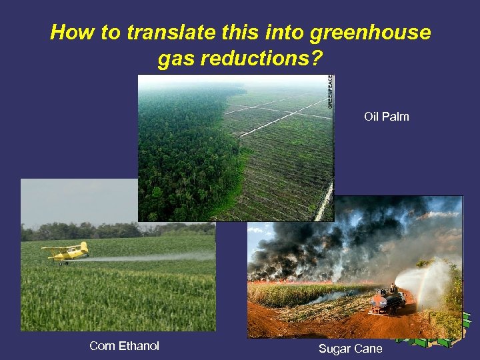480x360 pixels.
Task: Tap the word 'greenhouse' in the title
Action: tap(375, 32)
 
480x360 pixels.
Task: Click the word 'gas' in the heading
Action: tap(175, 60)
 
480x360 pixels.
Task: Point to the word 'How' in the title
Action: tap(70, 32)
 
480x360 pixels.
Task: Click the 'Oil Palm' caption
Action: tap(386, 117)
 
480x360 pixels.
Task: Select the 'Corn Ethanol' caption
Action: tap(124, 345)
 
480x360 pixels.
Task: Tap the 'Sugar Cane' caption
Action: tap(350, 349)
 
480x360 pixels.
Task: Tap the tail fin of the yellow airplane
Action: tap(84, 247)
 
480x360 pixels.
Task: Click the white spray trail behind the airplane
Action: tap(153, 257)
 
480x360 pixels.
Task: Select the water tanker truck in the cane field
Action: tap(389, 302)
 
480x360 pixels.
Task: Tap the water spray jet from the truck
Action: tap(427, 277)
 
